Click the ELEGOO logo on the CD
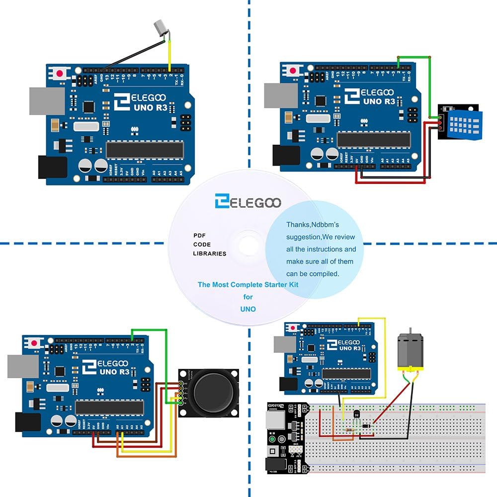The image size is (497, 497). (248, 202)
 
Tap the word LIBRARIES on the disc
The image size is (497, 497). (209, 253)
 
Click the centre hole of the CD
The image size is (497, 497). (248, 245)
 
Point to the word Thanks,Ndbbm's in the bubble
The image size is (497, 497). (312, 225)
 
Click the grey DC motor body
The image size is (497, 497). (409, 350)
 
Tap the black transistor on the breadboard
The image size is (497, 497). (356, 414)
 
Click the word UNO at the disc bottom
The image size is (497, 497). (248, 309)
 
